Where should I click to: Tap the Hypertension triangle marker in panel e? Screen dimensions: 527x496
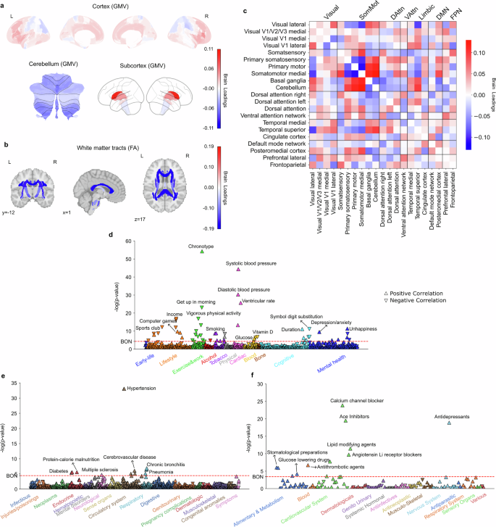[x=125, y=389]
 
